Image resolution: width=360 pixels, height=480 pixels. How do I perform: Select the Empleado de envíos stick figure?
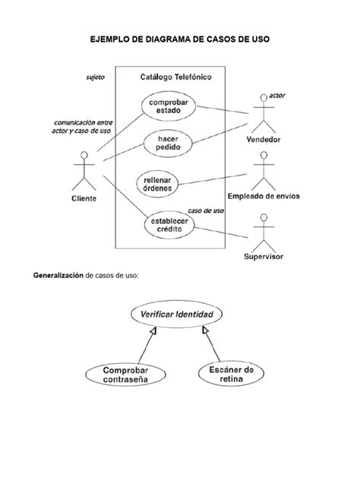264,171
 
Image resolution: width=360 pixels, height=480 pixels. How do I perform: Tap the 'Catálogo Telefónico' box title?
176,77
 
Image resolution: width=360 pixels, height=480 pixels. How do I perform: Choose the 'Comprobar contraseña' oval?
123,374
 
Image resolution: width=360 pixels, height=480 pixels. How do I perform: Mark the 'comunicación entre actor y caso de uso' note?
82,125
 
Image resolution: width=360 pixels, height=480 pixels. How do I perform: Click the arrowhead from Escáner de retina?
204,332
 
